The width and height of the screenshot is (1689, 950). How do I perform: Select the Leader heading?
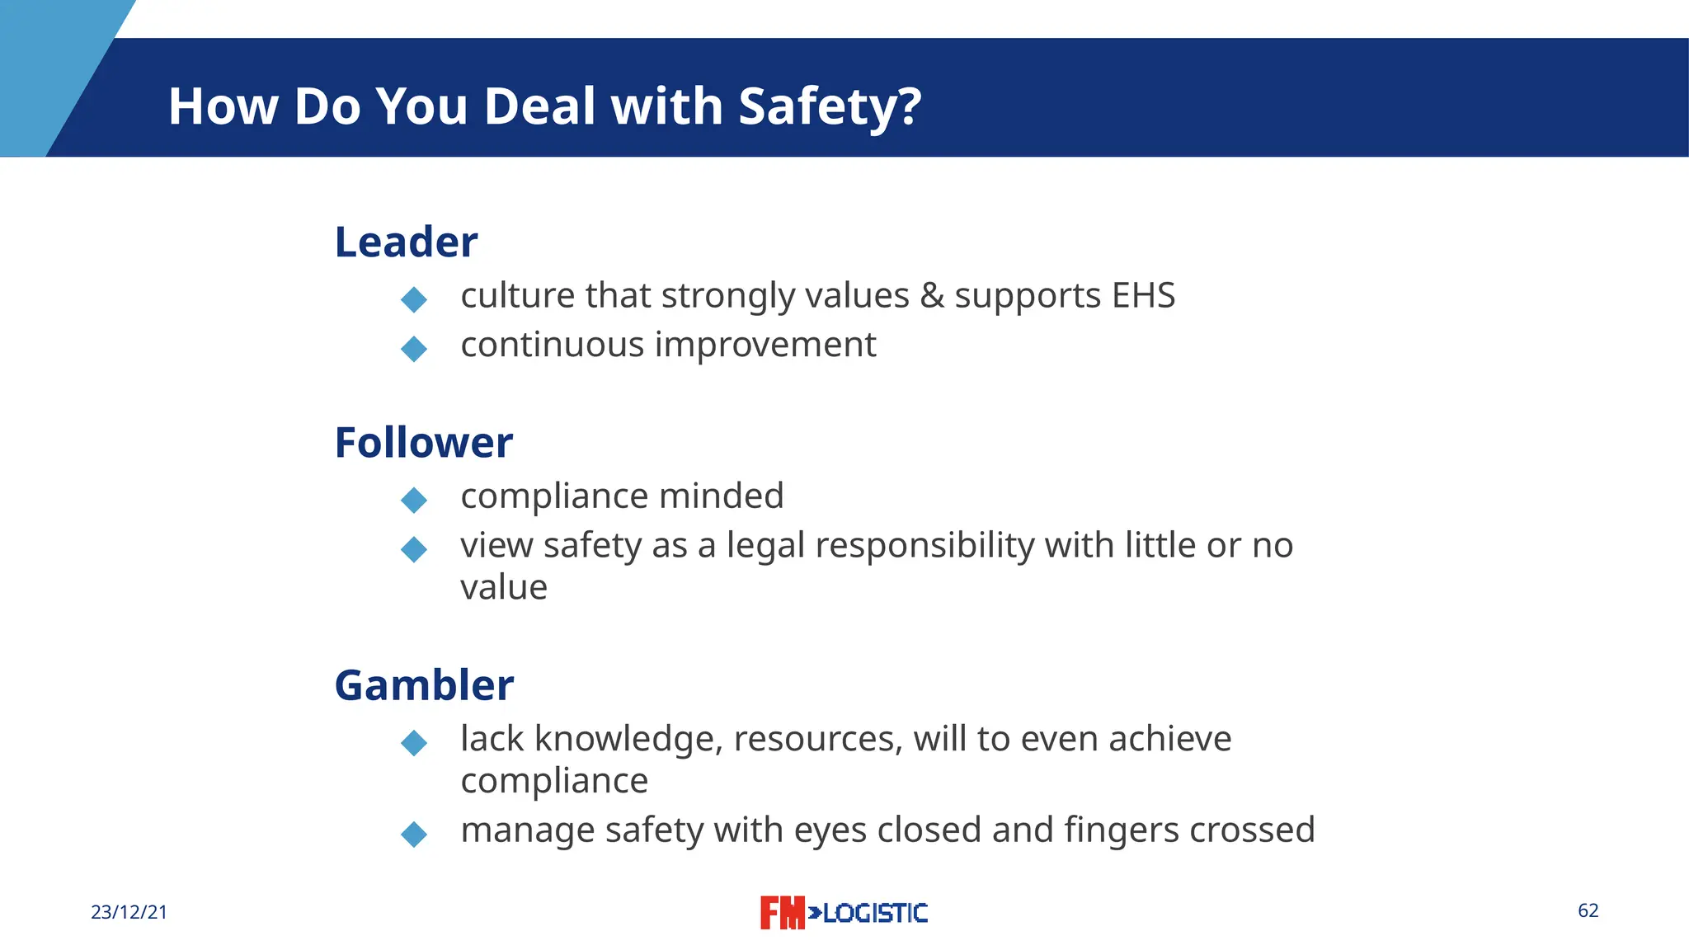[406, 242]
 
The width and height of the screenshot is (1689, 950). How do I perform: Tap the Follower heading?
[423, 443]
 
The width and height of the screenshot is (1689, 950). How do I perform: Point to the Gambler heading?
[424, 685]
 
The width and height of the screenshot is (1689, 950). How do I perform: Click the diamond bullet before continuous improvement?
[413, 349]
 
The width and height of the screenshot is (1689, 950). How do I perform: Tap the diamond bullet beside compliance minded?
[413, 500]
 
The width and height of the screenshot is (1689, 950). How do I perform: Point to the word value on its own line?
[503, 588]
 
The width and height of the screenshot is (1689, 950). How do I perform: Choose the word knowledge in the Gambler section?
[628, 739]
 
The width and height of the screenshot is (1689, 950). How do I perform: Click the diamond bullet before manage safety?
[413, 834]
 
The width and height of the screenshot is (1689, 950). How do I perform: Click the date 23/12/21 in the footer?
[129, 912]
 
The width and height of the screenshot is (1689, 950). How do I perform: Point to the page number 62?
[1588, 910]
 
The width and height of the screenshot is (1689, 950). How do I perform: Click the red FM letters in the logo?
[781, 913]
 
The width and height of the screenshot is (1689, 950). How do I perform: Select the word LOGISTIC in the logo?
[874, 913]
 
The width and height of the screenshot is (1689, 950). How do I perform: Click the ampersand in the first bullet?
[932, 296]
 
